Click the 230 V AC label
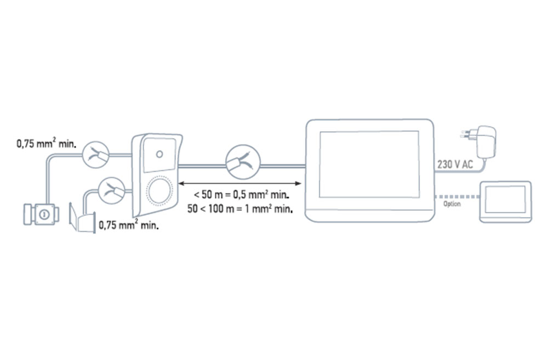(x=455, y=164)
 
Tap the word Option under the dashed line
(x=452, y=204)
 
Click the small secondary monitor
(x=505, y=202)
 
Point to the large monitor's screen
(x=369, y=164)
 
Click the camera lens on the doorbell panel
(x=159, y=154)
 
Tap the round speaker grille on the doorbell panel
(x=159, y=191)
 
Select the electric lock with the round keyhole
(x=41, y=214)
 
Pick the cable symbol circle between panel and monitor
(x=243, y=162)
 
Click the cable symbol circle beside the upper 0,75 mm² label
(x=96, y=155)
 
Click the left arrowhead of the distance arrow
(x=181, y=183)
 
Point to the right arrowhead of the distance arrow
(x=298, y=183)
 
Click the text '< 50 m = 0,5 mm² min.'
(x=242, y=195)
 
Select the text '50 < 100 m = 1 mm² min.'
(x=240, y=209)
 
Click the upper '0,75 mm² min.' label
(x=46, y=144)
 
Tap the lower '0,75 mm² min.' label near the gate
(x=129, y=225)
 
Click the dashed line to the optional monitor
(x=457, y=197)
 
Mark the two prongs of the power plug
(x=465, y=135)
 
